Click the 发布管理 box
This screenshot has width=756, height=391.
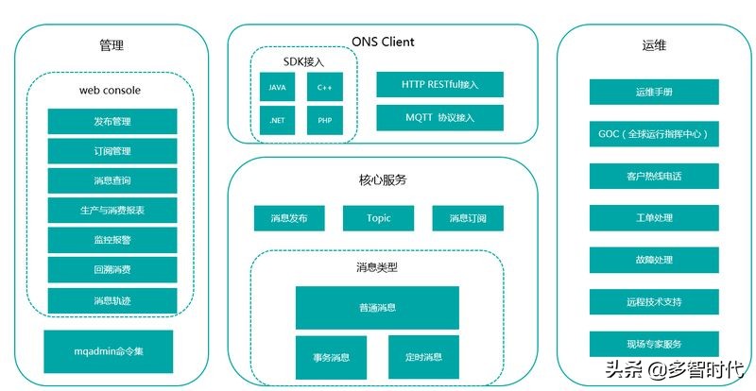click(112, 122)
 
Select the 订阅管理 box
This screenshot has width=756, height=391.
click(112, 151)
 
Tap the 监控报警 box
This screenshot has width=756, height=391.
click(112, 241)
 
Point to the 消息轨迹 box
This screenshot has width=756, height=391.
click(112, 300)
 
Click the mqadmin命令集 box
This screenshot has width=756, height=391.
click(109, 351)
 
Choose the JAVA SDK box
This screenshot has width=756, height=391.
click(278, 87)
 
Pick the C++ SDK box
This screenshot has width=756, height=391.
click(324, 87)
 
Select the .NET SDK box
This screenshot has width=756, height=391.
click(278, 120)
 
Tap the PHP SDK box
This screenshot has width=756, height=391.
click(324, 120)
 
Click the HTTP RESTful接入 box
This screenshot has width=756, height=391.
click(439, 85)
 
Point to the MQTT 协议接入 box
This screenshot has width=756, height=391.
click(439, 118)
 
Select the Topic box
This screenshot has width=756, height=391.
click(378, 218)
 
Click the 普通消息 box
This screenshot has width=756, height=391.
click(377, 308)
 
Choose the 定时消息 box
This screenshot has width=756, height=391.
click(422, 357)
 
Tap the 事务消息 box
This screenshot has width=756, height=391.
click(331, 357)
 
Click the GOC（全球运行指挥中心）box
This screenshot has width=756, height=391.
click(654, 134)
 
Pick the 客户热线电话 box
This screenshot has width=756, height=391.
click(654, 177)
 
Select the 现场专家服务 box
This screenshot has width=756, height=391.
click(654, 344)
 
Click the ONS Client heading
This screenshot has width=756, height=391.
click(383, 42)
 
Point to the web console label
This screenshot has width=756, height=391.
click(110, 91)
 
